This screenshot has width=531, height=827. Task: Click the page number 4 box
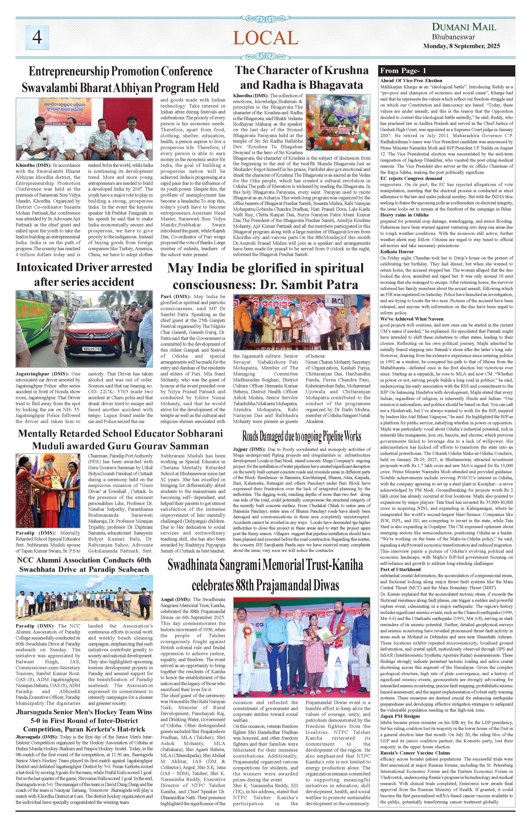tap(37, 37)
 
